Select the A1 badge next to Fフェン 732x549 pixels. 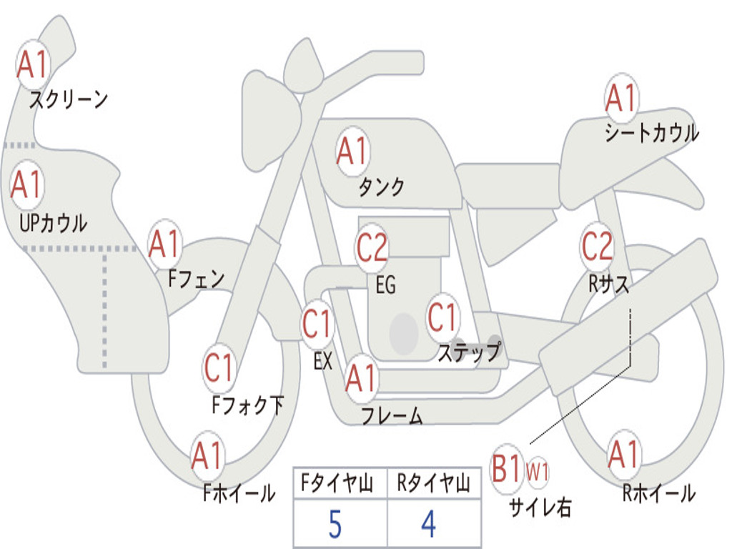click(164, 244)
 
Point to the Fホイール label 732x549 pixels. click(238, 493)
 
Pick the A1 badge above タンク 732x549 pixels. click(352, 151)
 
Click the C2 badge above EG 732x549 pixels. click(372, 247)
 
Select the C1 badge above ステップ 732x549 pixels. click(442, 317)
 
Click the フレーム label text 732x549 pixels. click(392, 416)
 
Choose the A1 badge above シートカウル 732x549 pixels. click(620, 99)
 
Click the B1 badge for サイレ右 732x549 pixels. click(507, 470)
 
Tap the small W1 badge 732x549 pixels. click(538, 471)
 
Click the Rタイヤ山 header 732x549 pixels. click(433, 485)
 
